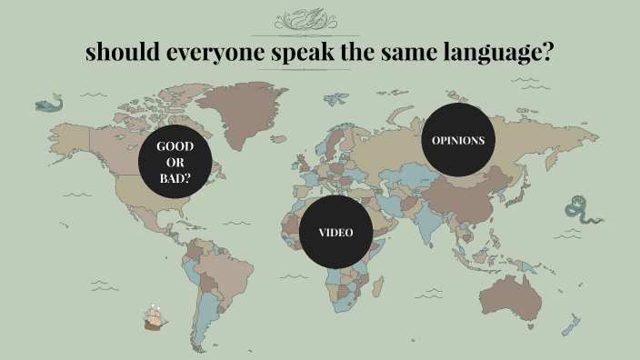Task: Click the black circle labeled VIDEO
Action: pyautogui.click(x=335, y=232)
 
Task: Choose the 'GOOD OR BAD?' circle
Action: pyautogui.click(x=175, y=162)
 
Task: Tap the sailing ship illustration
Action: pyautogui.click(x=155, y=315)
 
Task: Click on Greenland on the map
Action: pyautogui.click(x=241, y=114)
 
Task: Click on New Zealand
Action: pyautogui.click(x=572, y=323)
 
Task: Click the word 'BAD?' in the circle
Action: pyautogui.click(x=175, y=178)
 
